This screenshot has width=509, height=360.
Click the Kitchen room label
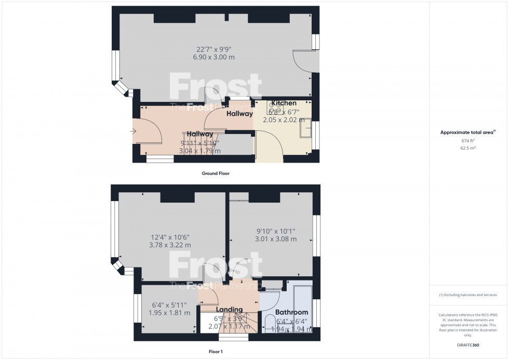[x=284, y=103]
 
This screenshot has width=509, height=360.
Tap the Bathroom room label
[x=291, y=312]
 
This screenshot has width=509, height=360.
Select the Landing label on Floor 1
[x=229, y=310]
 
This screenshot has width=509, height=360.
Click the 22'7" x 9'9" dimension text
[x=214, y=49]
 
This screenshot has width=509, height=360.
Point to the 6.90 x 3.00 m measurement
[x=214, y=57]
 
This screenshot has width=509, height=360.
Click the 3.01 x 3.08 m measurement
[x=276, y=239]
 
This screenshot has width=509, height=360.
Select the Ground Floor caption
[x=215, y=174]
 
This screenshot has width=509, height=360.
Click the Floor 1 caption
[x=215, y=352]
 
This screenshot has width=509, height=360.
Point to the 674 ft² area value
[x=468, y=141]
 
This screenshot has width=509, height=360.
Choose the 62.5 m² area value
[x=468, y=148]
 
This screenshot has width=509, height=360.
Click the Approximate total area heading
[x=468, y=132]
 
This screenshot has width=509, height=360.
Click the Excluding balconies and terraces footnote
[x=468, y=295]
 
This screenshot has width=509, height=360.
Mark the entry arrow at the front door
[x=132, y=132]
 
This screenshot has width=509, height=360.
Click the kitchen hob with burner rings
[x=275, y=108]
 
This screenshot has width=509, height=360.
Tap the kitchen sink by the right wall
[x=306, y=128]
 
